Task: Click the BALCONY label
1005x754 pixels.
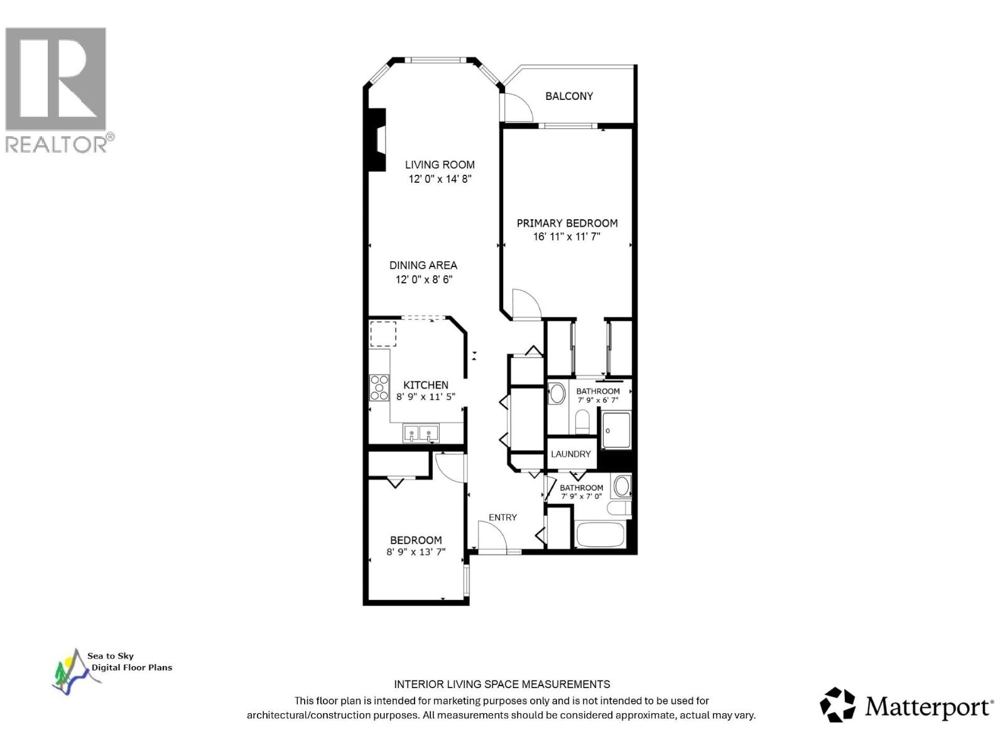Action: pos(568,96)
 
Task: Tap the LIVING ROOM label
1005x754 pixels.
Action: pos(439,165)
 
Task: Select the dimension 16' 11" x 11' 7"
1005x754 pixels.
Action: pos(567,237)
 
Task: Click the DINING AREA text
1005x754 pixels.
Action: pos(423,265)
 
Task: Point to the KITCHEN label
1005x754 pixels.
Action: pos(425,385)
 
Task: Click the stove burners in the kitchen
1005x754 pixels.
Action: pos(379,388)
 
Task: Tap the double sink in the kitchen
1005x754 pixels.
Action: pos(420,433)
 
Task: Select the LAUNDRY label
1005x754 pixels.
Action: pos(570,454)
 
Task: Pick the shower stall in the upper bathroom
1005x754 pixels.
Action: pos(616,430)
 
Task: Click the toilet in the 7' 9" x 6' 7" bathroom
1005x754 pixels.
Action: pos(582,421)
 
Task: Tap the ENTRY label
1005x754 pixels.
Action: pos(503,517)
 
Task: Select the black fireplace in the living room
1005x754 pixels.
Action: pos(377,139)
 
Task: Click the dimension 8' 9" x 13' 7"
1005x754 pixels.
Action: pos(416,552)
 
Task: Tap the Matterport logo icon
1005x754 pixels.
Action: pos(837,704)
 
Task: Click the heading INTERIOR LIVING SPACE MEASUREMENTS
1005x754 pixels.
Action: pos(502,684)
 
